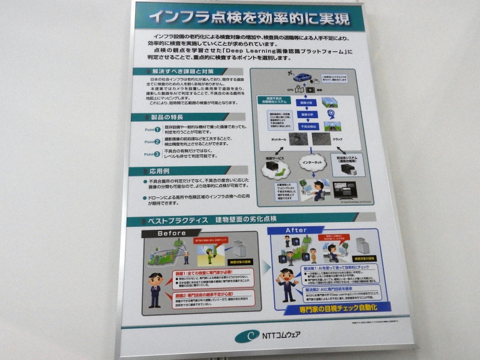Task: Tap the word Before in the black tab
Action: (x=172, y=233)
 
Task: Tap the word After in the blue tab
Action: (x=296, y=230)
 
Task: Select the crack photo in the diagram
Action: (x=323, y=139)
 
